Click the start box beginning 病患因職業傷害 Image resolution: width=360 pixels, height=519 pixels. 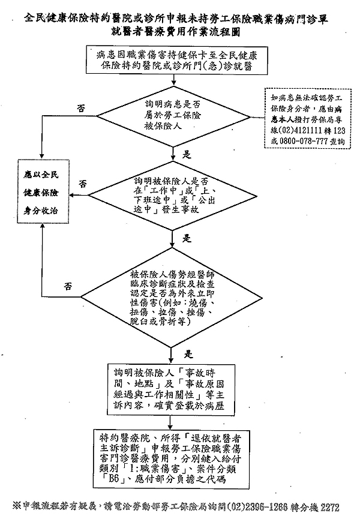(172, 61)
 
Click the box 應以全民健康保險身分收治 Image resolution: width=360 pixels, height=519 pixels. (42, 196)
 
